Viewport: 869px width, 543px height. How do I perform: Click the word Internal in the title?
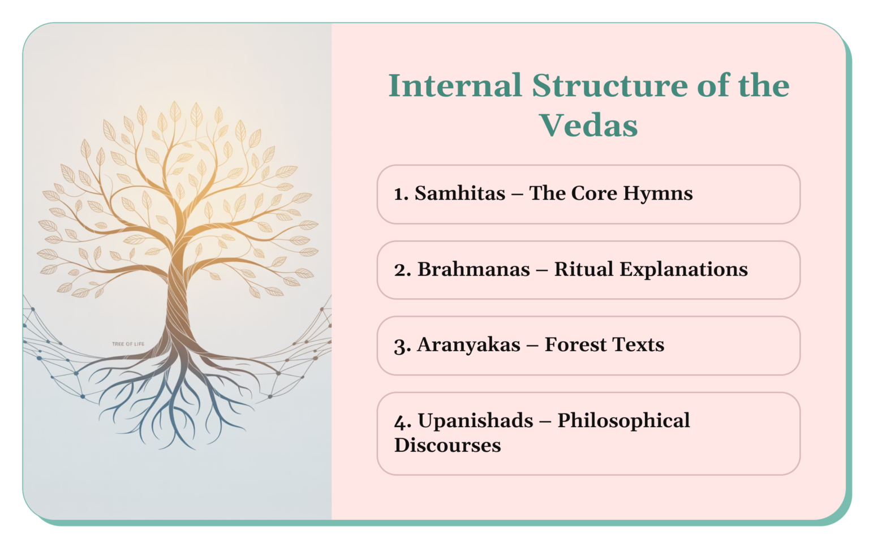tap(455, 86)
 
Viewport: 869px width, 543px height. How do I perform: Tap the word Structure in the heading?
tap(610, 86)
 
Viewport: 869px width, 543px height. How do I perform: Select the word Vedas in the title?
tap(588, 126)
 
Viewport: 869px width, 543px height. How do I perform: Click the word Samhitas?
tap(460, 193)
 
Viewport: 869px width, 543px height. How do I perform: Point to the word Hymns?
tap(658, 193)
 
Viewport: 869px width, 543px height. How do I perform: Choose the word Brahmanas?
tap(474, 269)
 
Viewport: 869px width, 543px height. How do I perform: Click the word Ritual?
tap(583, 269)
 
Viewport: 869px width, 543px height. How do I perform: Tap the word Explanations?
tap(683, 270)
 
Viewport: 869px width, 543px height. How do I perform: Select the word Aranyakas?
tap(468, 345)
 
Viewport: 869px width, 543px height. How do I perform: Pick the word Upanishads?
tap(475, 421)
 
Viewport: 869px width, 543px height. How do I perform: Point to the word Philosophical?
tap(623, 421)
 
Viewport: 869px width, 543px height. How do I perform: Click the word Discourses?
tap(448, 446)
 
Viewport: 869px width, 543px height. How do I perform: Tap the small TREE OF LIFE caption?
tap(128, 344)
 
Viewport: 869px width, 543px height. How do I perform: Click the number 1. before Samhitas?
tap(401, 194)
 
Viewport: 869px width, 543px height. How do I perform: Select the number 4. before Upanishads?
tap(402, 422)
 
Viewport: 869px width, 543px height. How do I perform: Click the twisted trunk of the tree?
tap(177, 305)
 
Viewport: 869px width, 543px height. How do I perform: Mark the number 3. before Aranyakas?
tap(402, 346)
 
